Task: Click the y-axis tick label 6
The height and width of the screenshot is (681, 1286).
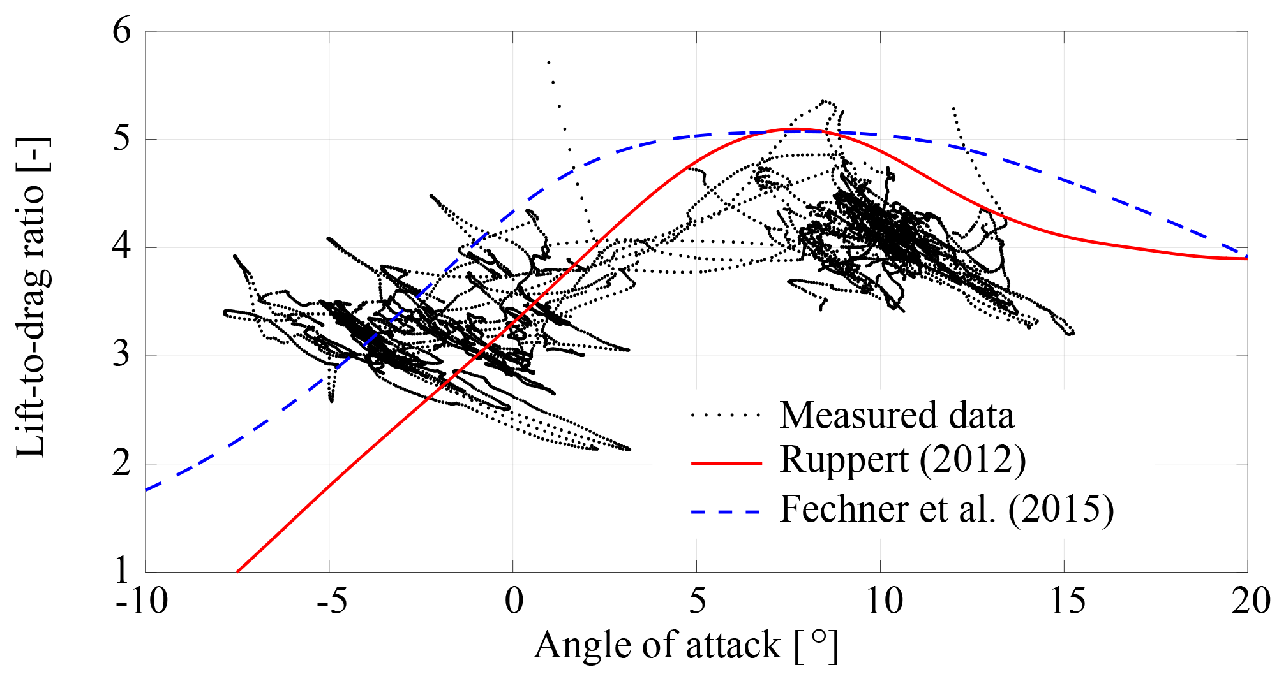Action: point(121,31)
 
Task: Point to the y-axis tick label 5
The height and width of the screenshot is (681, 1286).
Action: point(121,139)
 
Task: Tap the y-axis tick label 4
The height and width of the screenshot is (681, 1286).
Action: point(121,247)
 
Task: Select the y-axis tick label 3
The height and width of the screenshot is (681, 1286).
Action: point(121,355)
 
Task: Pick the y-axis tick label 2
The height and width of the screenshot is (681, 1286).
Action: point(121,464)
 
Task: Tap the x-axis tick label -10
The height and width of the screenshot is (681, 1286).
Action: point(142,601)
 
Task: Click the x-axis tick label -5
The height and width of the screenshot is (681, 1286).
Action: point(331,601)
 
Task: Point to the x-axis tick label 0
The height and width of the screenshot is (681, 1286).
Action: point(514,601)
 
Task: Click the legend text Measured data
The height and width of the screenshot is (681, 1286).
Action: point(897,415)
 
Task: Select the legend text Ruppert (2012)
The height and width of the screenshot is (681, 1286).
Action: point(902,460)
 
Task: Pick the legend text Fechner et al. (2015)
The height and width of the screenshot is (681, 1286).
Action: point(946,509)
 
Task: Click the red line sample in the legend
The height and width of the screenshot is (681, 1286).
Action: point(726,462)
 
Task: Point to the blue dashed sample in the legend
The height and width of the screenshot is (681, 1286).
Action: point(726,511)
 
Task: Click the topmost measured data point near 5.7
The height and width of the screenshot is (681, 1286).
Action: point(549,62)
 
